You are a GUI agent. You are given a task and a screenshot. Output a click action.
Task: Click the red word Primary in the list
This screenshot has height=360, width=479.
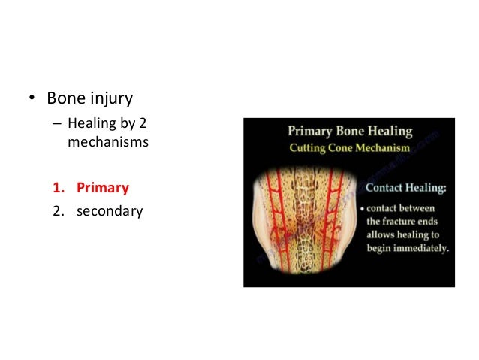pyautogui.click(x=102, y=188)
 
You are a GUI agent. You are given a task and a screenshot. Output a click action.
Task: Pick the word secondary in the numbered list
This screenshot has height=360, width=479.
pyautogui.click(x=109, y=211)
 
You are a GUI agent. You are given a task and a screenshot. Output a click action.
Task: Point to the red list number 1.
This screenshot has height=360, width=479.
pyautogui.click(x=57, y=188)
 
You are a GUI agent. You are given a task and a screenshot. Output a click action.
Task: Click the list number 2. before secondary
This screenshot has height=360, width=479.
pyautogui.click(x=57, y=211)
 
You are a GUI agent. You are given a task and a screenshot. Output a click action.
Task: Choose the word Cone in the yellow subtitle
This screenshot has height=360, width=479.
pyautogui.click(x=342, y=148)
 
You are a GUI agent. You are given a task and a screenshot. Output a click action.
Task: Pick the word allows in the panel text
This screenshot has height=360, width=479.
pyautogui.click(x=384, y=235)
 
